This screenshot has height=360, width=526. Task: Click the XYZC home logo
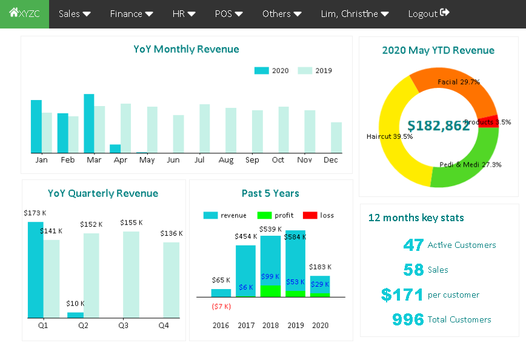pyautogui.click(x=24, y=13)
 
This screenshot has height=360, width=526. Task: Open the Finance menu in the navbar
pyautogui.click(x=131, y=13)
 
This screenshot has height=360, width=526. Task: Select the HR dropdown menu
pyautogui.click(x=184, y=13)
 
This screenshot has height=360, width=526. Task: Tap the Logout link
pyautogui.click(x=428, y=13)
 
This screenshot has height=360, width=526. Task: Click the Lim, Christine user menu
pyautogui.click(x=355, y=13)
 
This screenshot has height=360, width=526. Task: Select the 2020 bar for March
pyautogui.click(x=88, y=123)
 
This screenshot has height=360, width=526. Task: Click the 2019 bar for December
pyautogui.click(x=336, y=138)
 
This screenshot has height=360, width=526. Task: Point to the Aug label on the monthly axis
pyautogui.click(x=226, y=160)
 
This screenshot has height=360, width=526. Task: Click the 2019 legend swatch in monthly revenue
pyautogui.click(x=305, y=71)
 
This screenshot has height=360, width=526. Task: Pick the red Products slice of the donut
pyautogui.click(x=489, y=121)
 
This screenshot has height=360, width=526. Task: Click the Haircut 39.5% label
pyautogui.click(x=390, y=136)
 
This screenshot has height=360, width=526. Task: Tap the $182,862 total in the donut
pyautogui.click(x=439, y=125)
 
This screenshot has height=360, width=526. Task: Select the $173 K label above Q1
pyautogui.click(x=35, y=213)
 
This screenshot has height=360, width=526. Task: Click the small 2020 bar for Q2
pyautogui.click(x=75, y=315)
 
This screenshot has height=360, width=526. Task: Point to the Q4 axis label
pyautogui.click(x=164, y=325)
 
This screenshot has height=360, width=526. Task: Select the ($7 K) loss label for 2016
pyautogui.click(x=221, y=306)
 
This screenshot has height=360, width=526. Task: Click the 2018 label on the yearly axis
pyautogui.click(x=270, y=325)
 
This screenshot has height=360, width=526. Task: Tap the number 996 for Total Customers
pyautogui.click(x=408, y=319)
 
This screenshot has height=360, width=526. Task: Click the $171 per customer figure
pyautogui.click(x=402, y=295)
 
